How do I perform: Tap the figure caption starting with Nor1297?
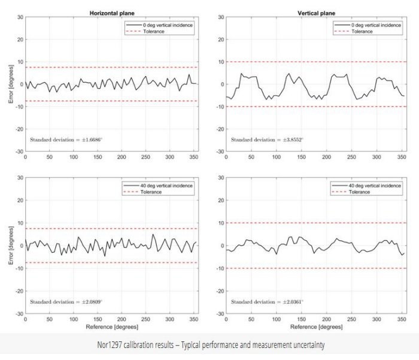point(209,345)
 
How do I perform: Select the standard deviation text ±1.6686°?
point(66,140)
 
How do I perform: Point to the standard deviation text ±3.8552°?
point(267,140)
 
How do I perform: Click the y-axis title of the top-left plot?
point(10,84)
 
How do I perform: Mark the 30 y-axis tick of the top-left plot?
point(19,17)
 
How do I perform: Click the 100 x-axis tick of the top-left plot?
point(74,158)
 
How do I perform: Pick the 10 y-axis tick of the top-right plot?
point(220,62)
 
